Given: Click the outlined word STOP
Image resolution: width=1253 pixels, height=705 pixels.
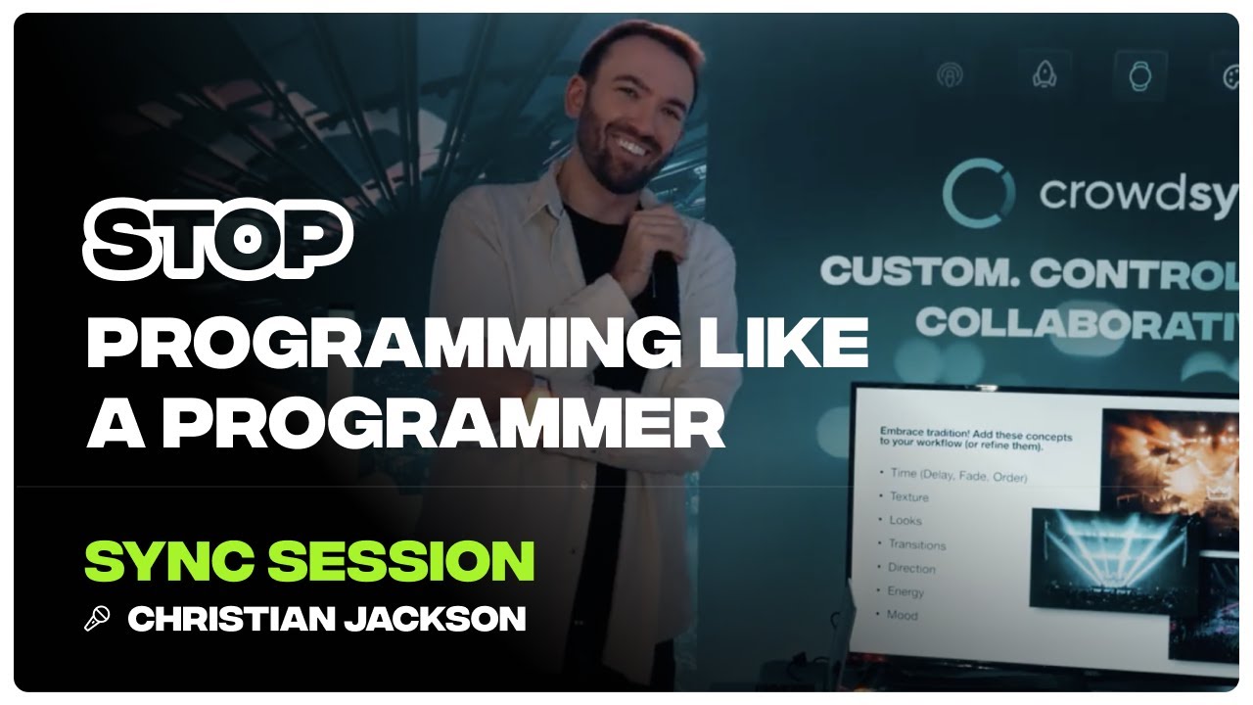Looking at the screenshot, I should point(217,238).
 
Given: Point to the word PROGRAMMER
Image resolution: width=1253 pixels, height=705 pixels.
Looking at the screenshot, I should point(444,422).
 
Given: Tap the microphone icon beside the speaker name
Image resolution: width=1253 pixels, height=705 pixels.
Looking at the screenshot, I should point(97,619).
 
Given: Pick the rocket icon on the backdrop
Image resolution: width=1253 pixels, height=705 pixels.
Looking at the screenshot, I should point(1044,75).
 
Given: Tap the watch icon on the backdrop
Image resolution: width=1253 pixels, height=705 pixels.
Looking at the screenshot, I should point(1138,75).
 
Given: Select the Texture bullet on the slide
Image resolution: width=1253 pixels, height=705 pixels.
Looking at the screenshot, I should point(908,497).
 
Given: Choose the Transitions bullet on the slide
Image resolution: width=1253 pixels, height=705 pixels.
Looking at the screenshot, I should point(916,544).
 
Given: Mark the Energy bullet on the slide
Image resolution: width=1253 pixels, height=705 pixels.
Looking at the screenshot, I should point(905,591).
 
